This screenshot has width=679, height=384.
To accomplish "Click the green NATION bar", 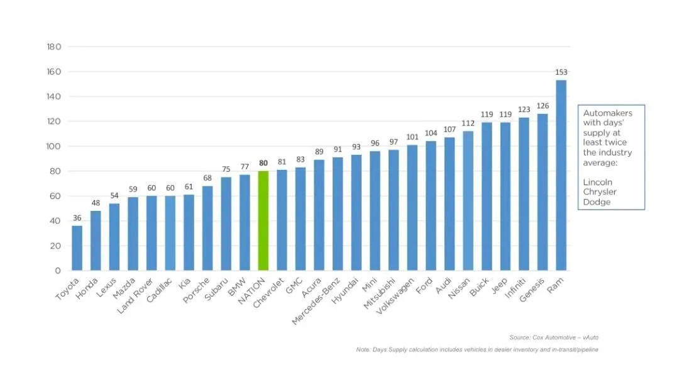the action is [263, 220].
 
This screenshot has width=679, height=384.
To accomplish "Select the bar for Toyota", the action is [77, 248].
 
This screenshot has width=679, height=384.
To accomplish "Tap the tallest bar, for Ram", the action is [561, 175].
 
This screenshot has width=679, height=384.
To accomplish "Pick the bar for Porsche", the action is [207, 229].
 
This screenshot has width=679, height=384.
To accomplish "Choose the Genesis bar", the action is [543, 192].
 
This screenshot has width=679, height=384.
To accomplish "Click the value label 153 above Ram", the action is [561, 72].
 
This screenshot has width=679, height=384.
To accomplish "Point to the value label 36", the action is [77, 218].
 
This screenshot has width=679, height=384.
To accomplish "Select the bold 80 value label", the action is [263, 163].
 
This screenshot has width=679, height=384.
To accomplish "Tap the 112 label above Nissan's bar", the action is [468, 123].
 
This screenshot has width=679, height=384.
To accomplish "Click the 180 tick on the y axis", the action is [54, 47].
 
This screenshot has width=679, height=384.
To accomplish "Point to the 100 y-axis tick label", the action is [54, 147].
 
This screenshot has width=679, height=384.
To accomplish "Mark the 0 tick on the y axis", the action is [58, 271].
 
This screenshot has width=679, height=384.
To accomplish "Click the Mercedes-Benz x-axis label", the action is [316, 301].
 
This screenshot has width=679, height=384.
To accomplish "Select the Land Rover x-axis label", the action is [135, 296].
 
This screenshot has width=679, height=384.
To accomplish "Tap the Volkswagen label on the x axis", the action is [395, 296].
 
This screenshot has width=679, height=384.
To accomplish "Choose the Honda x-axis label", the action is [87, 289].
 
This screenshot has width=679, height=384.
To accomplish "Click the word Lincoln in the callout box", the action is [598, 182].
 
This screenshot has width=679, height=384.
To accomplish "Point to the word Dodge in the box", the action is [597, 202].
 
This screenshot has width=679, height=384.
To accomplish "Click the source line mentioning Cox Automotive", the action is [554, 337].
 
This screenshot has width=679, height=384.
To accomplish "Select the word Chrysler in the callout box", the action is [600, 192].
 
